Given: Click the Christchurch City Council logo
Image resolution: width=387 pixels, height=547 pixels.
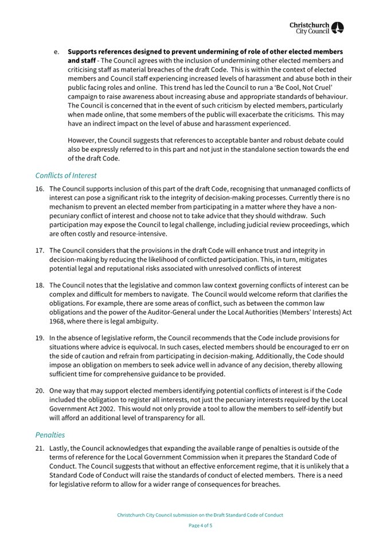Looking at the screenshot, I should (316, 28).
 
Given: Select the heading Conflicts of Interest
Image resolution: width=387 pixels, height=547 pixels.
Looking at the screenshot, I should (66, 175).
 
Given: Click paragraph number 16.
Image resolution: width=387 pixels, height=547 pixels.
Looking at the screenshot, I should (40, 189).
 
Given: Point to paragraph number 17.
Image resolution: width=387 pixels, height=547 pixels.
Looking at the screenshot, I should (40, 247).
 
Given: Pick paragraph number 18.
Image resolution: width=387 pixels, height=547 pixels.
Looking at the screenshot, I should (40, 285).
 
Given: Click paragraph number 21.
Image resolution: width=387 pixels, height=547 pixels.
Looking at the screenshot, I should (40, 448).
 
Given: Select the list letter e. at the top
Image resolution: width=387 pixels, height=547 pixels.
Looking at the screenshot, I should (57, 52).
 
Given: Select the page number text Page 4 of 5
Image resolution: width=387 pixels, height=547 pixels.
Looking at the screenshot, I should (201, 525).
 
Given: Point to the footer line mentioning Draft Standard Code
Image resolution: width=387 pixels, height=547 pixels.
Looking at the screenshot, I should (201, 515).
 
